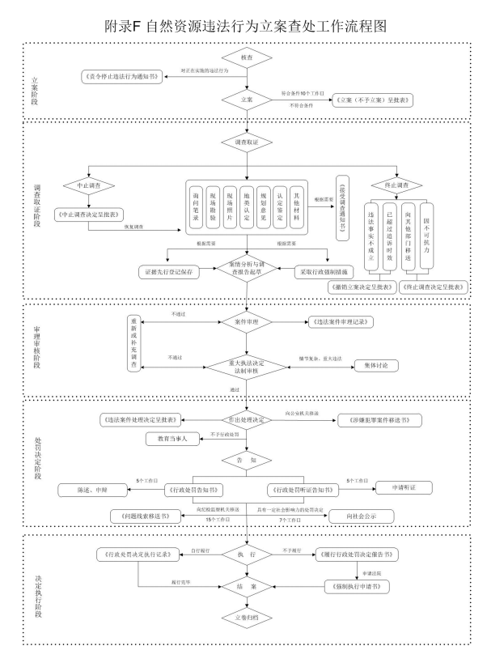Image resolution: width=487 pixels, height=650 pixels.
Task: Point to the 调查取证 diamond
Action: pos(246,142)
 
